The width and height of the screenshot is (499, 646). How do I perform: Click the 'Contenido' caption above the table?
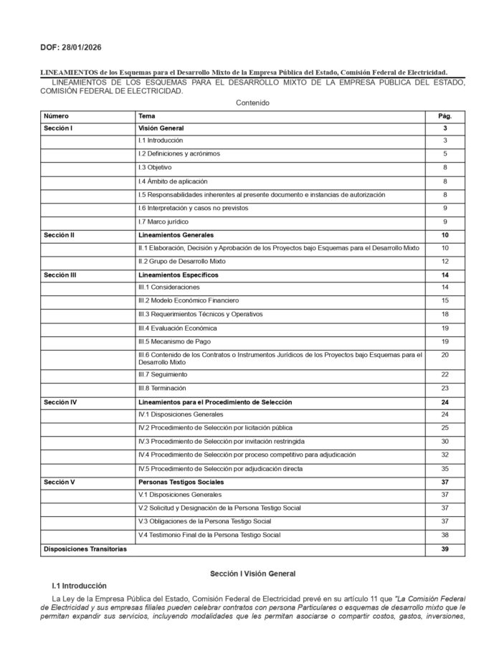point(252,103)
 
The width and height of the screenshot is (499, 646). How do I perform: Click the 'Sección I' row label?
point(59,128)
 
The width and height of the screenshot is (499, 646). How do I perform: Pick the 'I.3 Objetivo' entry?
point(155,167)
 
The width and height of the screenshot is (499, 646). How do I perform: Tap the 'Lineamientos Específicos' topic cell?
point(179,275)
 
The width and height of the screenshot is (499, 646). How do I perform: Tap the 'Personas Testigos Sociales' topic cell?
point(181,482)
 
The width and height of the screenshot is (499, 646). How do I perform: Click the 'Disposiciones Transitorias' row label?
point(85,549)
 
